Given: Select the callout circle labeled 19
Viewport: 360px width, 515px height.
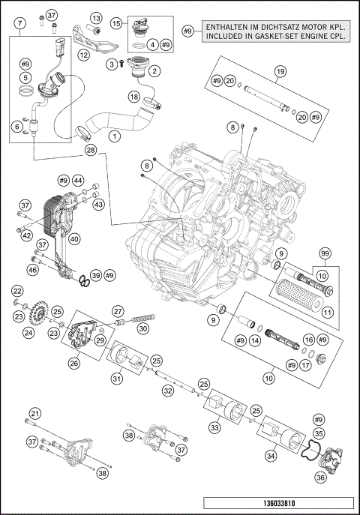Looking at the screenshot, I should click(x=280, y=72).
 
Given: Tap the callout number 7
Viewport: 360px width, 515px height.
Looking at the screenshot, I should click(x=17, y=23).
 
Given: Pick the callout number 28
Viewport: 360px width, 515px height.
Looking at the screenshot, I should click(x=91, y=151).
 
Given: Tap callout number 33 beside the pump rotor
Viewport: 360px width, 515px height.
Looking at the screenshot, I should click(x=214, y=427).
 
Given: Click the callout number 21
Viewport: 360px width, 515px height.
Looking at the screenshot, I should click(x=34, y=414).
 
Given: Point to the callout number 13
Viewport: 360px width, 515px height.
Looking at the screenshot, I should click(x=97, y=17).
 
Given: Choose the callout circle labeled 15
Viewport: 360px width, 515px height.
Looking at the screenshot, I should click(x=116, y=23).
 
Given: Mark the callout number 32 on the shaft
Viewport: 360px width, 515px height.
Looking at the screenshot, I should click(x=169, y=391).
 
